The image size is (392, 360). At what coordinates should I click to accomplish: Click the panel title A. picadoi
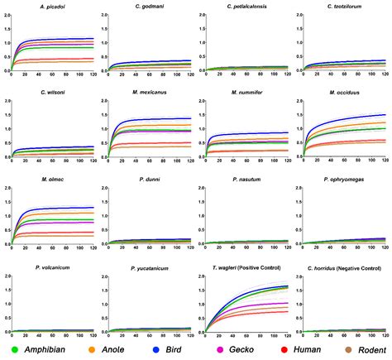(x=54, y=6)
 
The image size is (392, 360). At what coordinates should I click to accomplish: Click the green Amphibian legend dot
(x=7, y=348)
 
